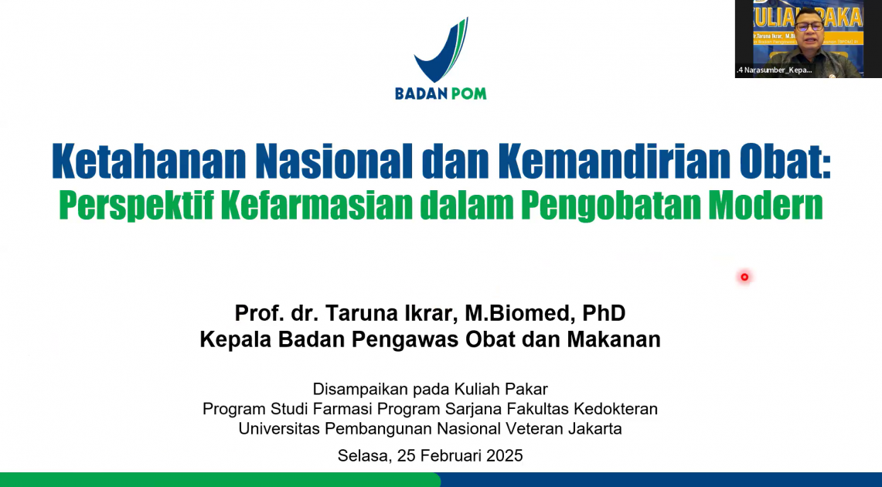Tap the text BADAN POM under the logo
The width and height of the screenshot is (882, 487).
pos(441,94)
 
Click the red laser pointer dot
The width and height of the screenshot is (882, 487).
pos(744,277)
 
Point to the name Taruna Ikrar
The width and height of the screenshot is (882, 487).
pos(392,313)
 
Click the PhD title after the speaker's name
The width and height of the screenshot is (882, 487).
pos(604,313)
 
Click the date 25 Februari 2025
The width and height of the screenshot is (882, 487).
pos(460,455)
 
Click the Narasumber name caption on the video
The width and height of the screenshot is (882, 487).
pos(775,70)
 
